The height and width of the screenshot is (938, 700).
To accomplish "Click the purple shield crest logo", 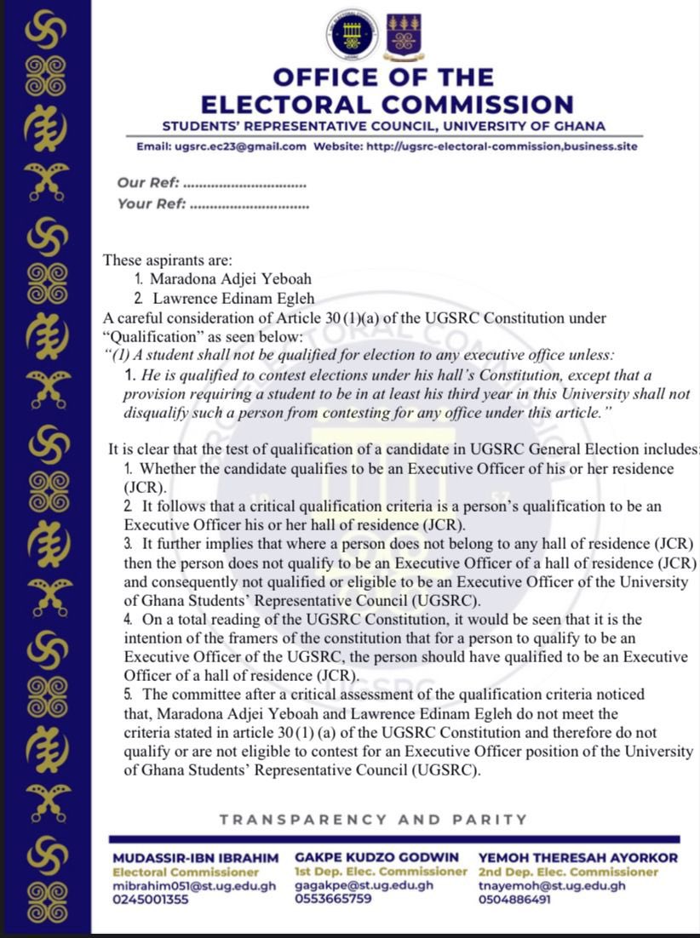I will (x=402, y=35).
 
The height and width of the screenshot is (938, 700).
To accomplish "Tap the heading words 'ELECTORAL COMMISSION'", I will (x=387, y=105).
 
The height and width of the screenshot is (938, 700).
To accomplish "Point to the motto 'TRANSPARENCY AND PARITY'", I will (x=373, y=820).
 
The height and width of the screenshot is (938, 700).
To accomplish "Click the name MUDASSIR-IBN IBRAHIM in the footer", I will (x=196, y=858).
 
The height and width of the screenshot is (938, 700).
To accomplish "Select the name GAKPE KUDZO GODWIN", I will (x=376, y=857).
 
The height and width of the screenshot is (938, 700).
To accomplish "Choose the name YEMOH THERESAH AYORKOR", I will (x=578, y=858).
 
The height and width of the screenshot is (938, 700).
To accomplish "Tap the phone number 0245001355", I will (x=151, y=899).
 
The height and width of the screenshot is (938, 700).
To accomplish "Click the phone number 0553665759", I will (x=333, y=898).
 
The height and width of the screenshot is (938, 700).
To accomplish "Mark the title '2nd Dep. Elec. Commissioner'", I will (x=568, y=872).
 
